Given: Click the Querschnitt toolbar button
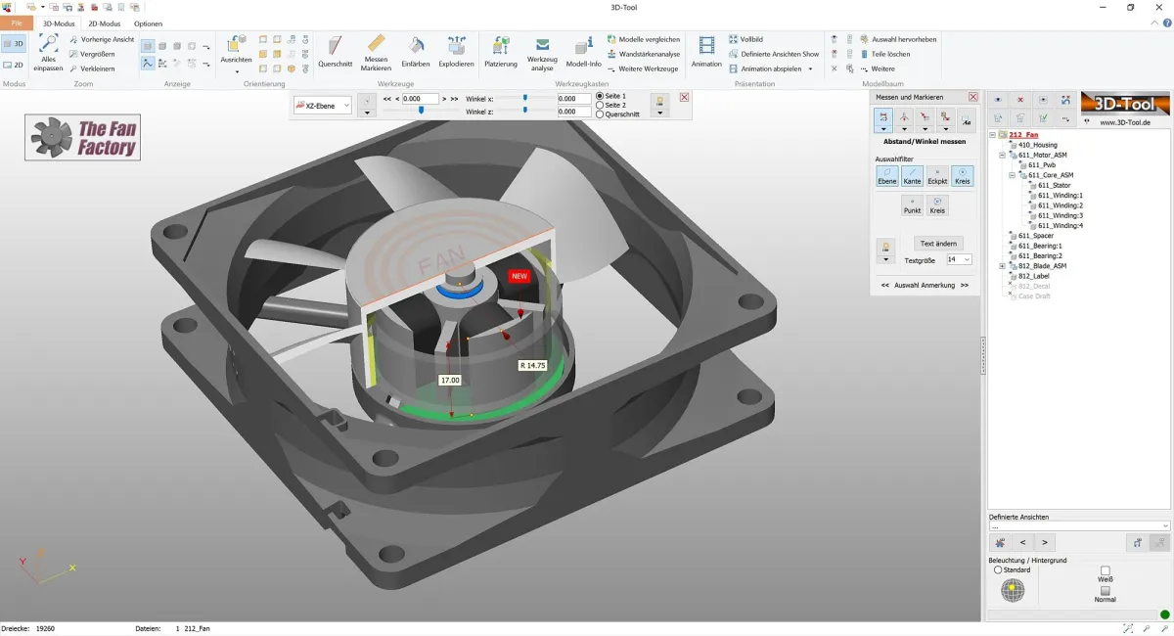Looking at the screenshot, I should [x=335, y=51].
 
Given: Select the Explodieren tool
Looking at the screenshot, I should [x=456, y=51].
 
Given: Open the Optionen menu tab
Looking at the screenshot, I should [x=149, y=23].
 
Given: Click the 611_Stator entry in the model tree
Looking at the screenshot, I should [x=1054, y=185].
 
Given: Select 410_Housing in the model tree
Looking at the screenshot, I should [x=1037, y=145].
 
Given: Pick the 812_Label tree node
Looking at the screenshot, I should [x=1033, y=276].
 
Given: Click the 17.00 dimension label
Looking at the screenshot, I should [x=450, y=380].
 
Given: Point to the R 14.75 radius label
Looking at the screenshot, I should [x=532, y=365].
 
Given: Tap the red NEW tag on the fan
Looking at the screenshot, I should [x=519, y=276].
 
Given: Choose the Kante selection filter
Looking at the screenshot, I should [x=912, y=176].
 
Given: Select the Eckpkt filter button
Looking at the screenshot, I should [x=937, y=176].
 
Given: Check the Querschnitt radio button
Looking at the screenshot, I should [x=600, y=114].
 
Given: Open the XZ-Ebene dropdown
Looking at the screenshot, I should [x=322, y=106].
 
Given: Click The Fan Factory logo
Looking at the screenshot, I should [x=83, y=138].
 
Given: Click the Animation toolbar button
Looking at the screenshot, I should [x=706, y=51].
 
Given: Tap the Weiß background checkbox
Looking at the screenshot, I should [x=1106, y=570].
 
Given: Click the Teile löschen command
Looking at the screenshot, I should [x=890, y=54].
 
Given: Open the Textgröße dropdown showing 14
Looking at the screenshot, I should [x=959, y=259].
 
